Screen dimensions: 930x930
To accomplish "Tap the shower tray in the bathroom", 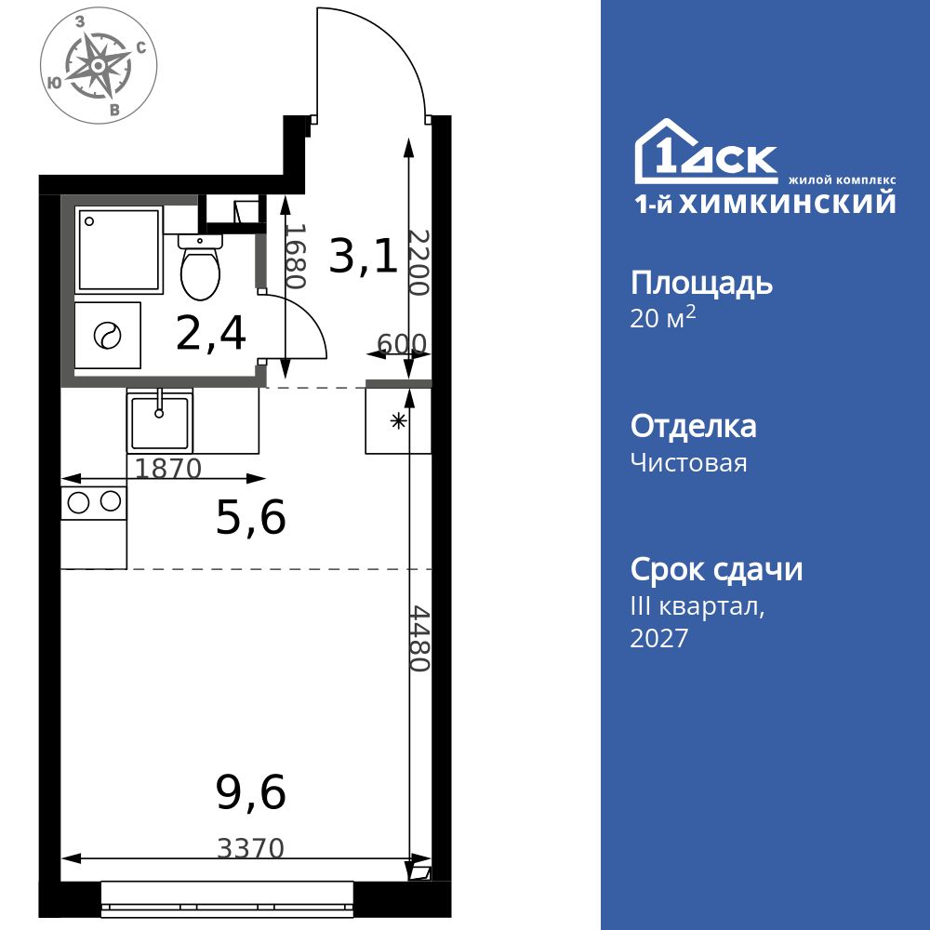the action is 119,249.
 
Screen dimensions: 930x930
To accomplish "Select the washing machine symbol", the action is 108,335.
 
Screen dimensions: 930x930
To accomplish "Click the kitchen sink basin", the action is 160,422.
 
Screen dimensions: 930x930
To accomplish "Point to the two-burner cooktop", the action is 94,503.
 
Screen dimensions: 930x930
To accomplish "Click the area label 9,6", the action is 251,792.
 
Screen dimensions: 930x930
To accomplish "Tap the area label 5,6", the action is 251,516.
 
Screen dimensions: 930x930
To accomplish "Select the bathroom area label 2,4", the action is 210,333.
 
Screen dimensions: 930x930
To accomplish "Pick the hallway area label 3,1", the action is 363,257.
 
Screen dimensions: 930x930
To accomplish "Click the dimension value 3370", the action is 251,849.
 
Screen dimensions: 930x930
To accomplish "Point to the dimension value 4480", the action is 420,638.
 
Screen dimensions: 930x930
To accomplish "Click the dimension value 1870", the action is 169,469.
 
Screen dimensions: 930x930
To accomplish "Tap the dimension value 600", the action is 402,343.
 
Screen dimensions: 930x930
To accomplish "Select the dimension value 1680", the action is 295,257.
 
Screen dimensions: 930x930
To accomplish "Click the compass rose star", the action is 98,65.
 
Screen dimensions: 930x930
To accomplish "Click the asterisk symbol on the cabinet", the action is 398,421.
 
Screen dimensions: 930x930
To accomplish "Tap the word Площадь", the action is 701,284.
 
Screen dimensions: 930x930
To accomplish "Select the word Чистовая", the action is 688,462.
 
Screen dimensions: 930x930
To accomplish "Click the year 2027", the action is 659,638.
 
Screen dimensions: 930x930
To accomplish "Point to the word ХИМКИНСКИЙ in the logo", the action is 787,204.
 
